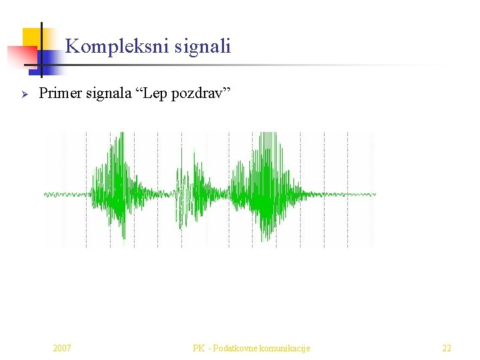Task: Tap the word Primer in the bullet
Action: [60, 93]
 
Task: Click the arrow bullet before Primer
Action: [24, 94]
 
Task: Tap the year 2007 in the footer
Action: [62, 348]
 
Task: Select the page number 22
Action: [447, 348]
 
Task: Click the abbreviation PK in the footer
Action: [198, 348]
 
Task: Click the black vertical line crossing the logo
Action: [41, 50]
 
